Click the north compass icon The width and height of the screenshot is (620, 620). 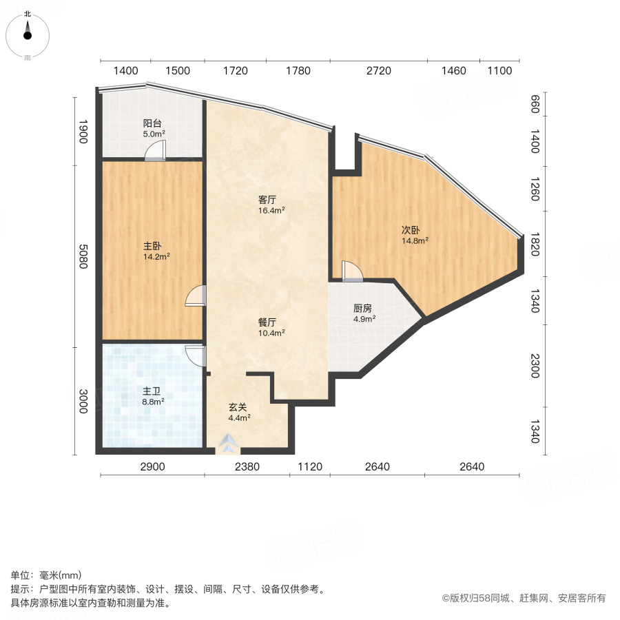(x=28, y=32)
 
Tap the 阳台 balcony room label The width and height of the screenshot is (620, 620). (x=152, y=125)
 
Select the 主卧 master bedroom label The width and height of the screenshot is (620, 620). (x=152, y=245)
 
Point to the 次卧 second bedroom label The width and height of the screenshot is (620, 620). (x=412, y=230)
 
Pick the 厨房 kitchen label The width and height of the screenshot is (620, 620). (x=364, y=309)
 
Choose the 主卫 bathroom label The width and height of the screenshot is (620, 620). (x=152, y=391)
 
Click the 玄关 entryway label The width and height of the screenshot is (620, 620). (x=239, y=406)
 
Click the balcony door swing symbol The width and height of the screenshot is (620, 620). (x=156, y=150)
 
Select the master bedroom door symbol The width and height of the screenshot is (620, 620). (x=196, y=296)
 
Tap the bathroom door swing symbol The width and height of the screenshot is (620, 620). (x=196, y=355)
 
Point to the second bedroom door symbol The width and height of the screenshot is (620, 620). (x=351, y=271)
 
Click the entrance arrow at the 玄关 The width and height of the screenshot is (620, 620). (x=227, y=445)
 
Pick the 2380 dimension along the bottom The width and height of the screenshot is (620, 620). (x=247, y=467)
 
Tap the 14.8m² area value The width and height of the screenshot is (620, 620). (x=415, y=240)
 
